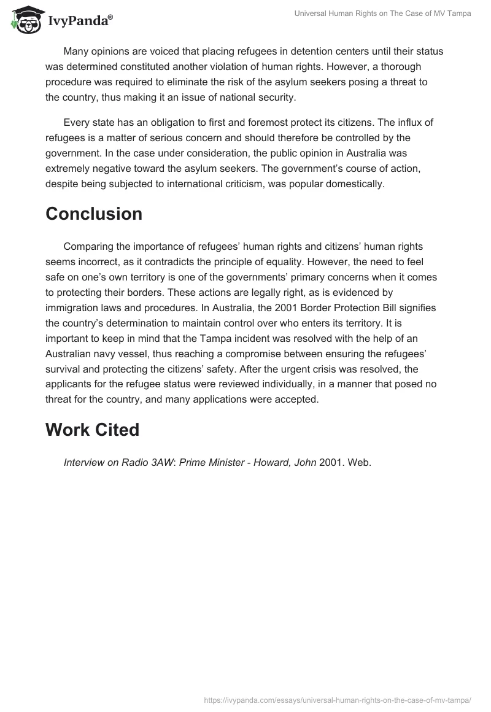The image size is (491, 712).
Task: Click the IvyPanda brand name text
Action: point(80,21)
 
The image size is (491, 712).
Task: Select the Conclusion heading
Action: point(94,214)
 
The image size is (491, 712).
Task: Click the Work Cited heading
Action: point(93,430)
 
